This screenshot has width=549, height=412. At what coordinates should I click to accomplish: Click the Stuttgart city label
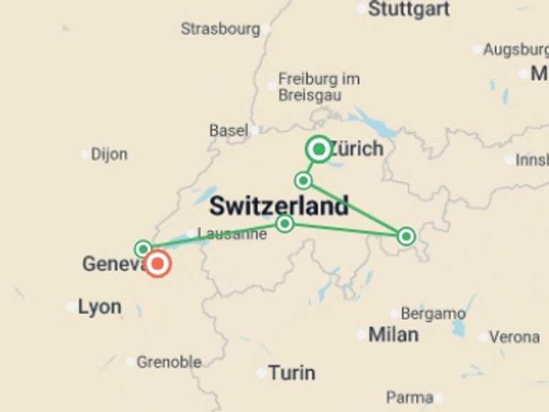(409, 9)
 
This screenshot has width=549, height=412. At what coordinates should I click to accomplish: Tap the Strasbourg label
(220, 29)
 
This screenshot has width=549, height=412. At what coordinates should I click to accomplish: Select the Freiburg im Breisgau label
(310, 87)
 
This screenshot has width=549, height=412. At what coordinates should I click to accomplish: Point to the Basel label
(229, 131)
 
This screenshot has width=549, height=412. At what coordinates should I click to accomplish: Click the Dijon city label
(109, 154)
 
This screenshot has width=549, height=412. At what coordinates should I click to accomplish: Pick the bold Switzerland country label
(279, 206)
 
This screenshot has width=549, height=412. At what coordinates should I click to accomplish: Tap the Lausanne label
(232, 234)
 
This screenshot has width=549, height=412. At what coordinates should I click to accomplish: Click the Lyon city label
(99, 308)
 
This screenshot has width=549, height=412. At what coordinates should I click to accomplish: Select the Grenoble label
(169, 363)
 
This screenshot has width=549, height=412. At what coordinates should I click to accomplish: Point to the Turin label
(292, 373)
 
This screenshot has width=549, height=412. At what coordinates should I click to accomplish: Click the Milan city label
(393, 334)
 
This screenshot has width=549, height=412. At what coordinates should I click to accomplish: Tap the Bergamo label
(433, 314)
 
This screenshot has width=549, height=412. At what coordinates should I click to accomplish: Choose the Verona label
(515, 336)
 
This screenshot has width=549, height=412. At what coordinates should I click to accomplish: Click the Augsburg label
(515, 50)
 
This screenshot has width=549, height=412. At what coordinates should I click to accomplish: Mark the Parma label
(410, 398)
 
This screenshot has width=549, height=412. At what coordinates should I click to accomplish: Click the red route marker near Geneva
(158, 264)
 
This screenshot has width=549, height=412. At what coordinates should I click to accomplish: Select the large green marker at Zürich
(319, 149)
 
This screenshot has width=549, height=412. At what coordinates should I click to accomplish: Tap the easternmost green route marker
(406, 236)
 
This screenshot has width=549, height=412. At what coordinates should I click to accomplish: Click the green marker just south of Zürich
(303, 180)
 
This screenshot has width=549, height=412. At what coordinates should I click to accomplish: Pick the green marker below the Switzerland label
(285, 224)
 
